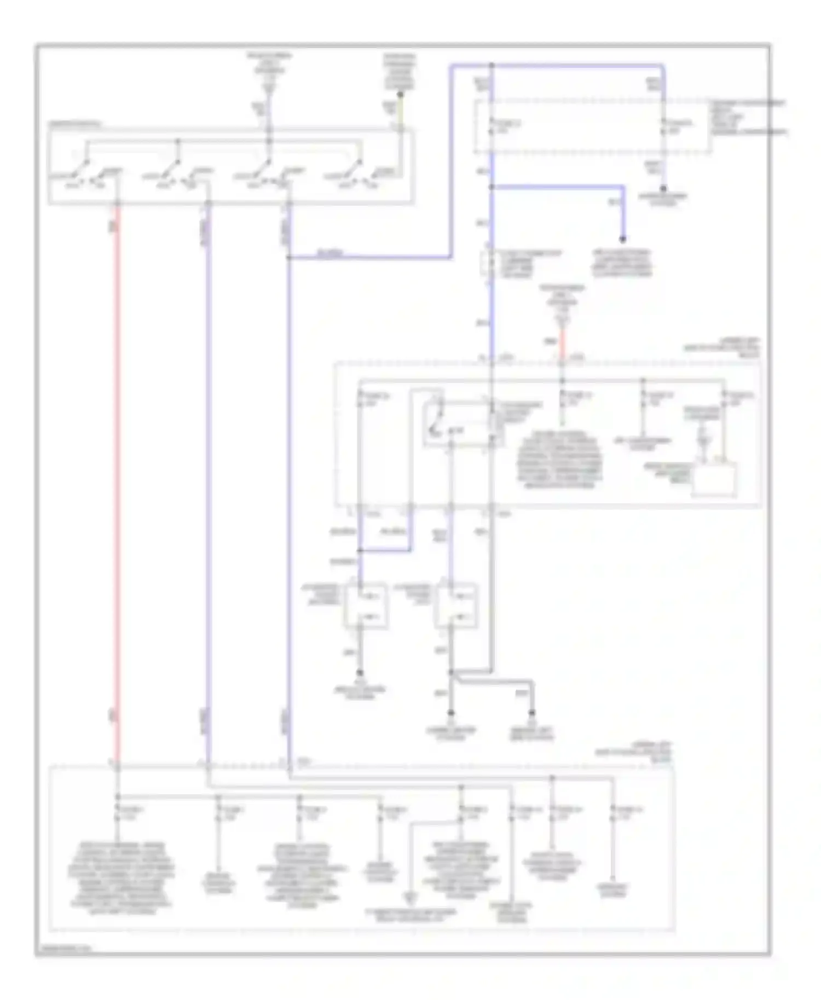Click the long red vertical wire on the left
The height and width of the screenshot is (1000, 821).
coord(116,481)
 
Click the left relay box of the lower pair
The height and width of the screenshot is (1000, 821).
coord(366,606)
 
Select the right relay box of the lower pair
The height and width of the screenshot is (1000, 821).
coord(455,606)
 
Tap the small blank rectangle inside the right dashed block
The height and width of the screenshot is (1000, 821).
coord(714,480)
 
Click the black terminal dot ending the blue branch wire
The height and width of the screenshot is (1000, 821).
coord(622,239)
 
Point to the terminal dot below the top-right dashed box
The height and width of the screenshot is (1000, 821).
coord(663,188)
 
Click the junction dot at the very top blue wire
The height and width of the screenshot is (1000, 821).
coord(492,66)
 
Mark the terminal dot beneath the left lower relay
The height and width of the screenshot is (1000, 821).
coord(360,673)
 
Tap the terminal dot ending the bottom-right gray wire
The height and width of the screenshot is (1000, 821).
coord(531,713)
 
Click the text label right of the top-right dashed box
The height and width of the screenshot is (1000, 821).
coord(747,117)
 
